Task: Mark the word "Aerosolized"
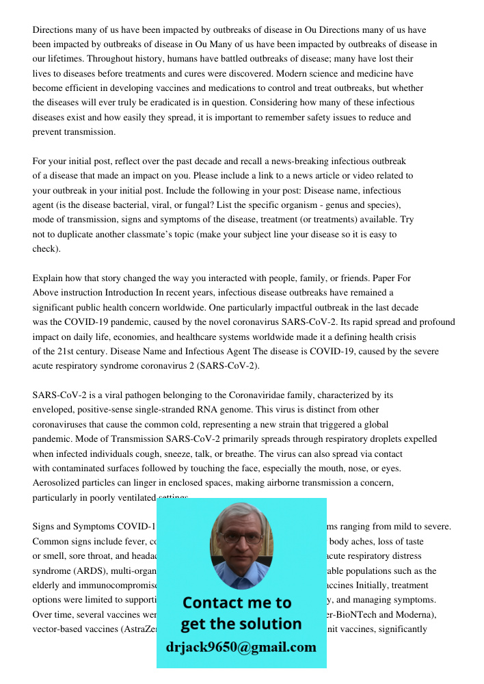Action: (x=59, y=483)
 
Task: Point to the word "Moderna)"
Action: (x=415, y=614)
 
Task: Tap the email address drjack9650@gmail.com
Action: (x=241, y=646)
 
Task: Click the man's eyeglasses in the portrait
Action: (x=240, y=538)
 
